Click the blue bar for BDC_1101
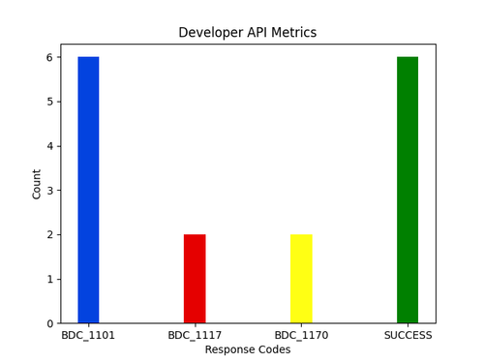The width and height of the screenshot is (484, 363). point(88,190)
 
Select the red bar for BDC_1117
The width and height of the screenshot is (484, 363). point(195,279)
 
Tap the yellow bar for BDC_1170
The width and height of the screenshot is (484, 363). point(301,279)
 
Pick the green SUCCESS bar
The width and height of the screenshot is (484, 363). point(408,190)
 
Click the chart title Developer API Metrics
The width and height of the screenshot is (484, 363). point(248,33)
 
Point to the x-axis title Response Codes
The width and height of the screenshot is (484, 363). point(248,349)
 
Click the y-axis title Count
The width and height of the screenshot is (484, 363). point(37,184)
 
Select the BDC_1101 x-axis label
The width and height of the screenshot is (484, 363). point(88,336)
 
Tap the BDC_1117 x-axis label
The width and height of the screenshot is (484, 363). point(195,336)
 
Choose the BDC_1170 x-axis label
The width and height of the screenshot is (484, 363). point(301,336)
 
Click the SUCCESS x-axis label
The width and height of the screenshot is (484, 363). point(408,336)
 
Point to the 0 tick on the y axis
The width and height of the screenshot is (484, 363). point(50,323)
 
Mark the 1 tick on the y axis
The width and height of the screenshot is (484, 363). point(50,279)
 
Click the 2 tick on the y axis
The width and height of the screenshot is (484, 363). point(50,234)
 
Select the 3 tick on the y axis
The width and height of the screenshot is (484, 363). point(50,191)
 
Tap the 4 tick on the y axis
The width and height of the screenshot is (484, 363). point(50,146)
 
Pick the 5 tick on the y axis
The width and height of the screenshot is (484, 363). point(50,102)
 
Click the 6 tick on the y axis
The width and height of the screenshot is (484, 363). point(50,57)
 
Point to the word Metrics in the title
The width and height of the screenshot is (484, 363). point(295,33)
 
